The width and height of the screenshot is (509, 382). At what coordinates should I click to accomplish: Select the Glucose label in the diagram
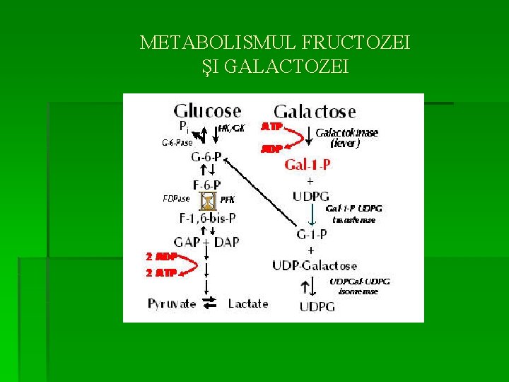(x=207, y=111)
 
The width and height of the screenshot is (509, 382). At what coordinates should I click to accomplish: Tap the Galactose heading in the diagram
(x=315, y=112)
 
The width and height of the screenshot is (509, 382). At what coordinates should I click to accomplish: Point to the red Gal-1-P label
(x=308, y=165)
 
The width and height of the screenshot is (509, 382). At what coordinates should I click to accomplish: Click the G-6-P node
(x=206, y=156)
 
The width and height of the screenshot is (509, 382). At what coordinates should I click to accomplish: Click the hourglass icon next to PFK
(x=208, y=202)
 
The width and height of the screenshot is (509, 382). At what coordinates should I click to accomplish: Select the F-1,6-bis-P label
(x=207, y=219)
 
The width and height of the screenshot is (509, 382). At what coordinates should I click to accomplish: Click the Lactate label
(x=248, y=303)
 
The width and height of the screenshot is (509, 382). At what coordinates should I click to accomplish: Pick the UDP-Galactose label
(x=314, y=265)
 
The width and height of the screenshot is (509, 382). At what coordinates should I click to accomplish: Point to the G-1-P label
(x=310, y=234)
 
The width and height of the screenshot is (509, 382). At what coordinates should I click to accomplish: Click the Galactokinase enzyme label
(x=346, y=133)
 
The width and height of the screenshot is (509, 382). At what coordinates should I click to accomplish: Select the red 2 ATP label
(x=160, y=272)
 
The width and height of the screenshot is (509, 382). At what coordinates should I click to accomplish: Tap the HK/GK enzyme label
(x=232, y=128)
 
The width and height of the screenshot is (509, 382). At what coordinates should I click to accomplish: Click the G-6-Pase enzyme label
(x=177, y=142)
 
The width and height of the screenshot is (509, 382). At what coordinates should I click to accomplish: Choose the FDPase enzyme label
(x=176, y=198)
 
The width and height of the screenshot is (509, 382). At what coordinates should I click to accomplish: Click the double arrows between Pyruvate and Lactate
(x=209, y=303)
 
